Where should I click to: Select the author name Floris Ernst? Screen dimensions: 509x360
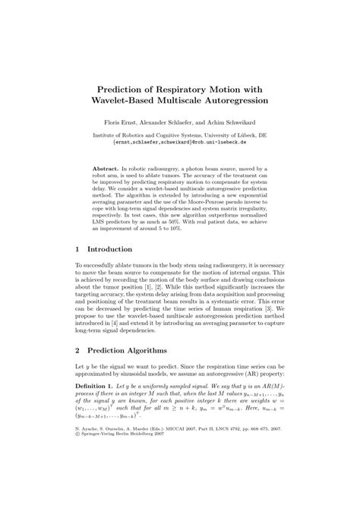[x=132, y=122]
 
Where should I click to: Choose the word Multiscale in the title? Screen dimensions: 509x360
[x=201, y=100]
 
